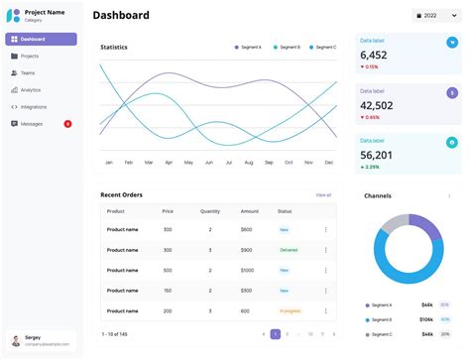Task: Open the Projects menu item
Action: pos(30,57)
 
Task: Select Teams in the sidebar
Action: pos(28,73)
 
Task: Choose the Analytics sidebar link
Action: pos(31,90)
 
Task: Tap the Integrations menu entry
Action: pos(33,107)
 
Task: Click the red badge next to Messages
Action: pos(67,124)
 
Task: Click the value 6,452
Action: pos(374,56)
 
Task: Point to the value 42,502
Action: pos(377,105)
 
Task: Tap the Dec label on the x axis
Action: pos(328,162)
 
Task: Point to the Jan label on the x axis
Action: pos(109,162)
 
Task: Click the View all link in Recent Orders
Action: pos(323,195)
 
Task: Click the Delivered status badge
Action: pos(289,250)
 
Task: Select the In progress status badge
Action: pos(290,310)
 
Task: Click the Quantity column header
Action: pos(210,211)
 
